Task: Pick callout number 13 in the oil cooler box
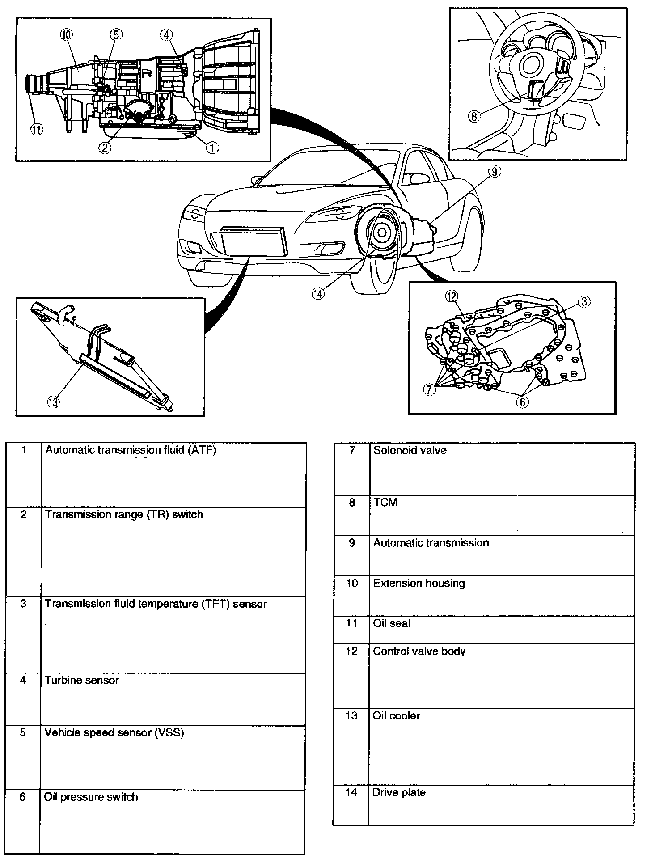click(x=53, y=402)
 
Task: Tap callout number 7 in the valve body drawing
click(x=430, y=390)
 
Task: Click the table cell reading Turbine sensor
click(x=82, y=680)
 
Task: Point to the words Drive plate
click(x=399, y=792)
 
